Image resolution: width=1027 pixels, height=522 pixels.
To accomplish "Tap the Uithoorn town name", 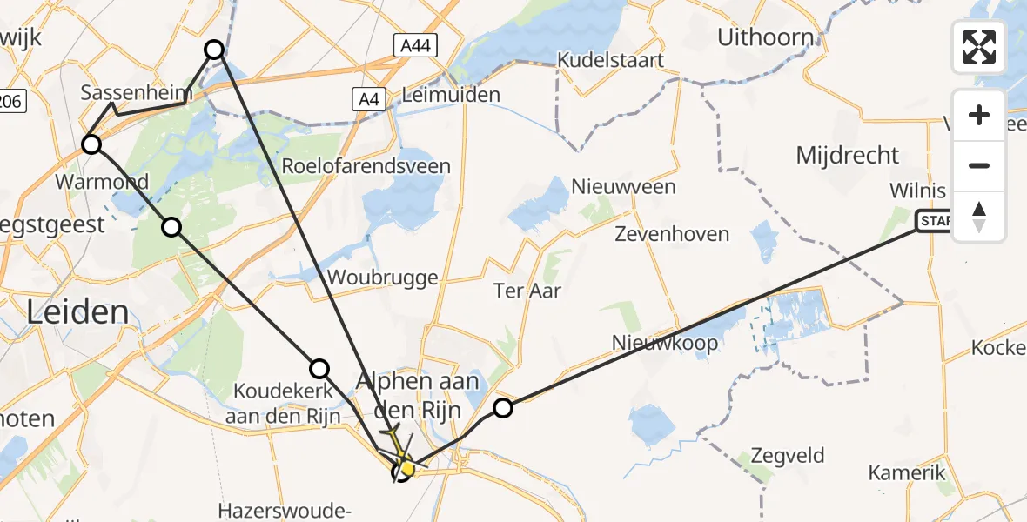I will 766,37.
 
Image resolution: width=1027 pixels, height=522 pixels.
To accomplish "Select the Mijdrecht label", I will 847,156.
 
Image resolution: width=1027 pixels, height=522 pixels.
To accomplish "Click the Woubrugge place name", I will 384,278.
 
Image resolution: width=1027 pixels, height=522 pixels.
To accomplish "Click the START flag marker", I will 935,222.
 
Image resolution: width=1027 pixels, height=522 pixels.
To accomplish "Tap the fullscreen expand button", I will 979,46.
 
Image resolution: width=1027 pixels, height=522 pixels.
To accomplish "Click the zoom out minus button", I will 979,165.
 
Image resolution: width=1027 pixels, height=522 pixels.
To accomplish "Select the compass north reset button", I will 979,217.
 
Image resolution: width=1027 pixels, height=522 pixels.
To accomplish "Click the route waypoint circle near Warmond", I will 91,144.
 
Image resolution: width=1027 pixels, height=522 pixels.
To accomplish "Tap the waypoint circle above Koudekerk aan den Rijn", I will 320,368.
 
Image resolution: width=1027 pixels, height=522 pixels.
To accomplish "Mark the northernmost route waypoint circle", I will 214,50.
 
